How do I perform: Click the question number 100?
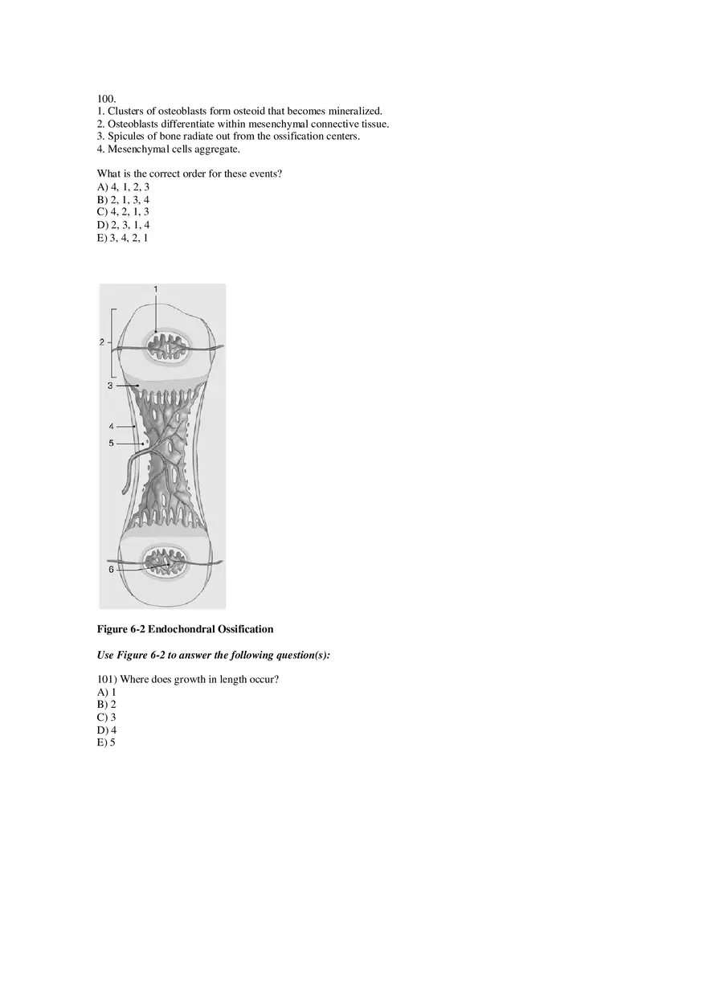point(106,98)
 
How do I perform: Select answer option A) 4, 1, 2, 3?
point(123,186)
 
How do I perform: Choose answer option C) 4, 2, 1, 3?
point(123,212)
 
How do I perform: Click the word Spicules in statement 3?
point(127,137)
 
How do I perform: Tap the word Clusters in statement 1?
point(127,111)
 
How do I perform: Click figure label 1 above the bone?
point(156,288)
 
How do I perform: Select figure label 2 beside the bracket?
point(102,342)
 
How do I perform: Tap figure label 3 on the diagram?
point(110,386)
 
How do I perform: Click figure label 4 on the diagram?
point(112,426)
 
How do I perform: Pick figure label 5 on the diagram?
point(112,443)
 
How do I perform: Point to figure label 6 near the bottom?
point(111,569)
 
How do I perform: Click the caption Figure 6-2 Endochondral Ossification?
point(185,629)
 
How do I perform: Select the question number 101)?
point(107,680)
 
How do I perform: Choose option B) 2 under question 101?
point(107,705)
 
